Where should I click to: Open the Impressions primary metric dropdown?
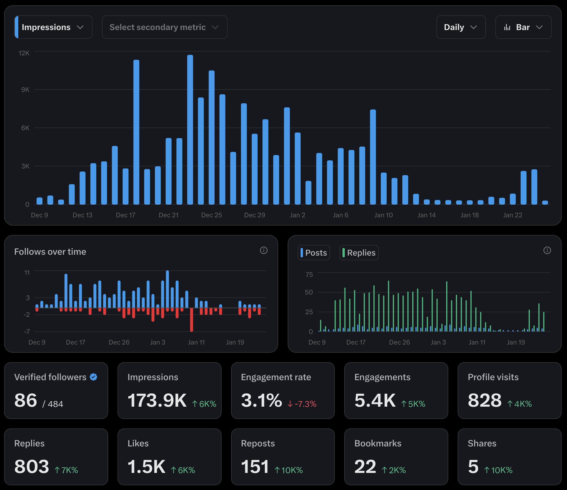click(53, 27)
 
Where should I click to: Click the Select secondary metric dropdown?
click(164, 27)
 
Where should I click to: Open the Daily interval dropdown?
click(461, 27)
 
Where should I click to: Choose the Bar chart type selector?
click(523, 27)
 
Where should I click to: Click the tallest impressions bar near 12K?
click(190, 130)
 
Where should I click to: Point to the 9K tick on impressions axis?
click(25, 90)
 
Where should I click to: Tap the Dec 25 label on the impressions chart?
click(211, 215)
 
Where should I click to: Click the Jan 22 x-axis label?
click(512, 215)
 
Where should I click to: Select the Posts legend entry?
click(314, 253)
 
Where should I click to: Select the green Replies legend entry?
click(359, 253)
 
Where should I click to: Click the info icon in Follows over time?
click(263, 250)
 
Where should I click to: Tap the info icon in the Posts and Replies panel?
click(547, 250)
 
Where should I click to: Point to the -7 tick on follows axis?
click(27, 332)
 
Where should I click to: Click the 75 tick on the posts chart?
click(309, 274)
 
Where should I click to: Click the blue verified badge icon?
click(93, 377)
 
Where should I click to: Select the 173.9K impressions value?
click(157, 400)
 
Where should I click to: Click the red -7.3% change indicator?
click(302, 404)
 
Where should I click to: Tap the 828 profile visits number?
click(484, 400)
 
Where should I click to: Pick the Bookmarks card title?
click(378, 443)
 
